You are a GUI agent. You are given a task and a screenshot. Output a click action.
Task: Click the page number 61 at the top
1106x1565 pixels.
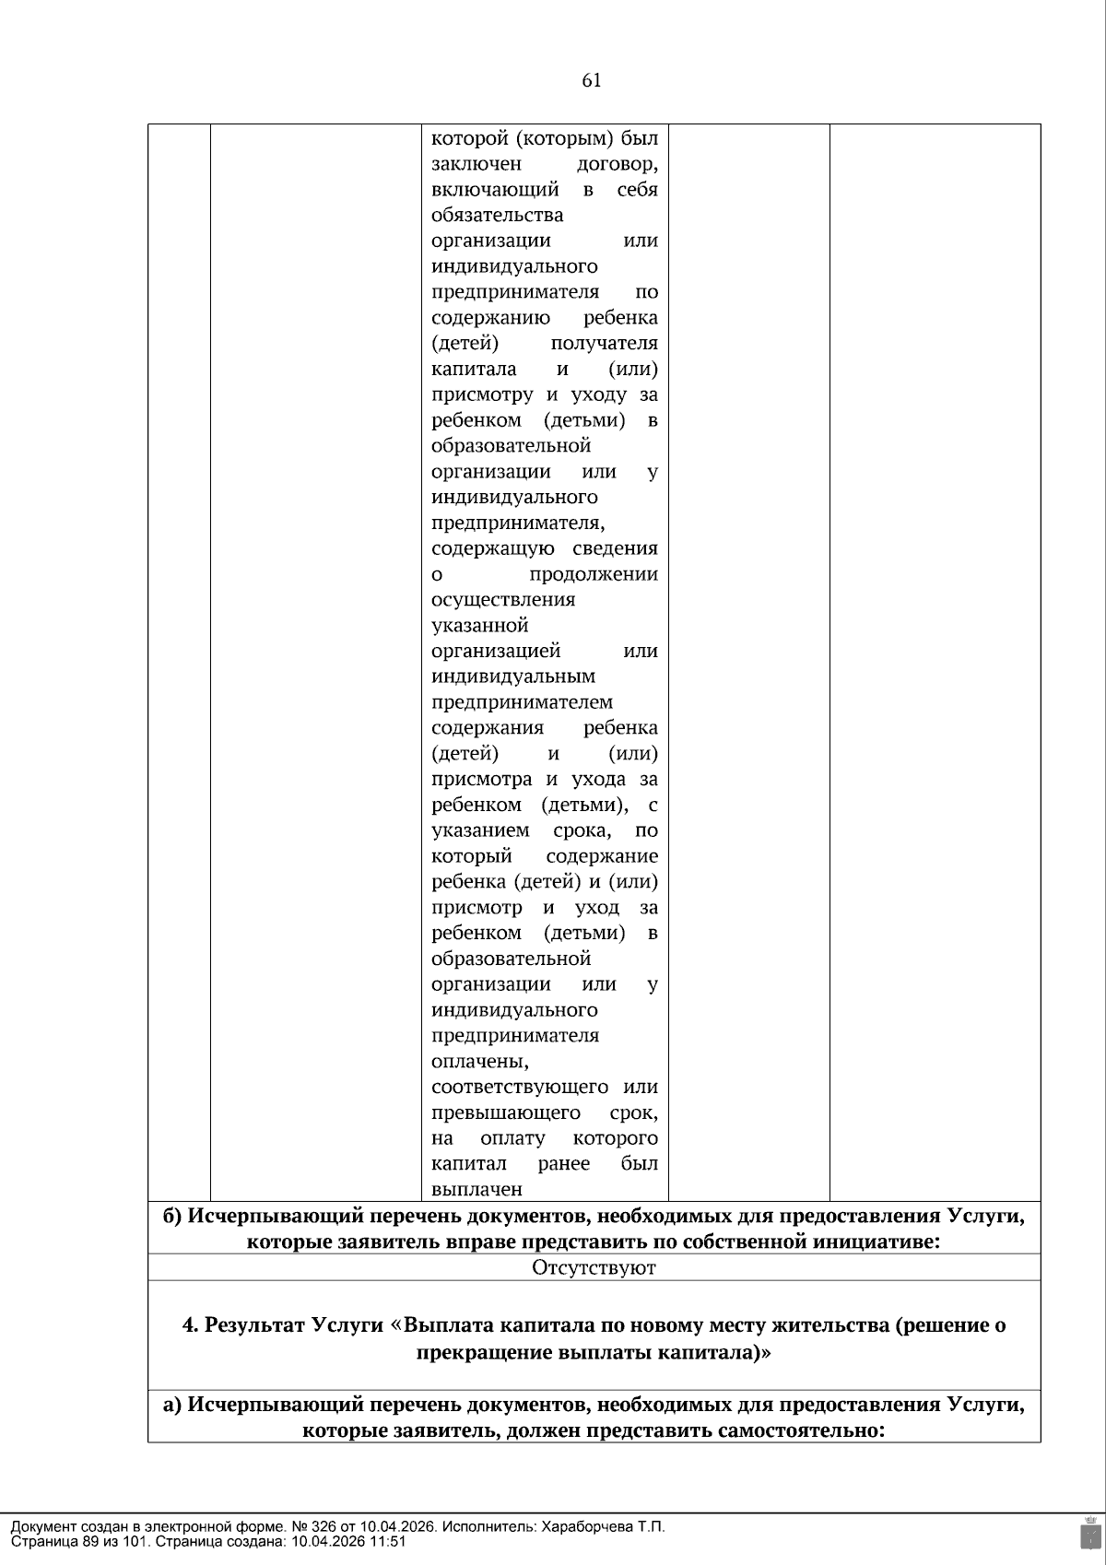coord(592,80)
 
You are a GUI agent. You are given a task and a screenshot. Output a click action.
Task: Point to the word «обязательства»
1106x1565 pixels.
coord(497,216)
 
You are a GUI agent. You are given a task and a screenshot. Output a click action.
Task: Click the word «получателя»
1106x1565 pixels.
coord(604,344)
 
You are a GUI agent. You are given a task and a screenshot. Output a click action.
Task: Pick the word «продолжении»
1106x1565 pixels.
coord(594,574)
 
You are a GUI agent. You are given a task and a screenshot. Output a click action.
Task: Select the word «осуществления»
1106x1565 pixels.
coord(502,600)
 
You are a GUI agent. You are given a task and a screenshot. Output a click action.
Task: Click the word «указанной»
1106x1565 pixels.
coord(479,626)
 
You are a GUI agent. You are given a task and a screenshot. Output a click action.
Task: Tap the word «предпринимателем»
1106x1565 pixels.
coord(522,702)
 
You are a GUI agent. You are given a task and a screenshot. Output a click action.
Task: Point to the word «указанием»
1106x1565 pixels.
coord(480,830)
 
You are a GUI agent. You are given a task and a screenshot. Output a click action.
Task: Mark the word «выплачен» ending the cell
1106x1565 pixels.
coord(477,1189)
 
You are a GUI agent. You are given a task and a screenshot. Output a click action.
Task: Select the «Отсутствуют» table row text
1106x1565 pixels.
coord(594,1267)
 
